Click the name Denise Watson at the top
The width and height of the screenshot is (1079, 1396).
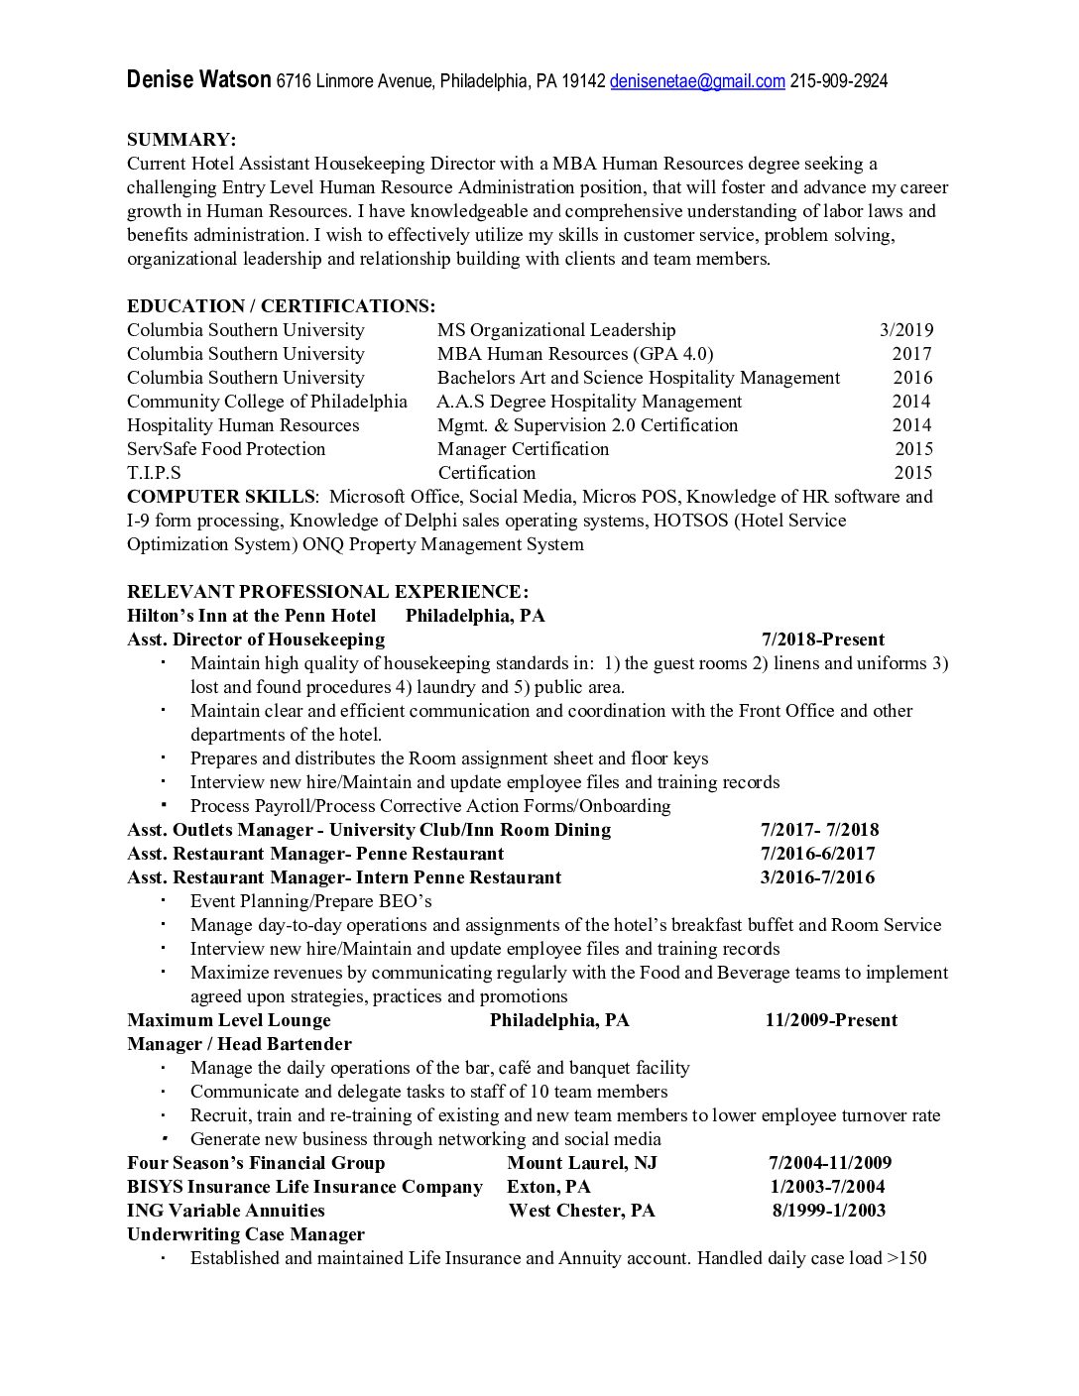198,80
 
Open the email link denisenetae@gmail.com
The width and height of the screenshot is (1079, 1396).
697,81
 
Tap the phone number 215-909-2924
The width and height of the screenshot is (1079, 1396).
838,81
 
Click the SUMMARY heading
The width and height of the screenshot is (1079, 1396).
181,140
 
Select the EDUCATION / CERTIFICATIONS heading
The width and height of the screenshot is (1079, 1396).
281,306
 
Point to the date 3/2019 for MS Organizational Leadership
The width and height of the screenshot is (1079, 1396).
905,330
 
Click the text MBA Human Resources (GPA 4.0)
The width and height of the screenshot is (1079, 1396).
575,354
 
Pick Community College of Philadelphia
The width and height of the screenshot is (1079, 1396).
267,402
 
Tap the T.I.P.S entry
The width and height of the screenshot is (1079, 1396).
154,473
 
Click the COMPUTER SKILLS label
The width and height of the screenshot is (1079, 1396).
220,497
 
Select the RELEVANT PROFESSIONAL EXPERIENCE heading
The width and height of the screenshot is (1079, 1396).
327,592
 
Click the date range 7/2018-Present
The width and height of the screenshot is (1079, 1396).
822,640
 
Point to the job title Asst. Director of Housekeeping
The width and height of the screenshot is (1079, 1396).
256,640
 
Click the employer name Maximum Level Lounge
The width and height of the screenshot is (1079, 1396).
229,1020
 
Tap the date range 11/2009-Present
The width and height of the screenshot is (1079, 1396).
831,1020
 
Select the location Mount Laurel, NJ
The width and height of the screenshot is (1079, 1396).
581,1163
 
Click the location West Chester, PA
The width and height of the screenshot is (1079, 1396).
581,1211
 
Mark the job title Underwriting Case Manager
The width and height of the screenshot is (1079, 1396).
246,1234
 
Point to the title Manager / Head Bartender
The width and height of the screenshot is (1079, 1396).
239,1044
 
